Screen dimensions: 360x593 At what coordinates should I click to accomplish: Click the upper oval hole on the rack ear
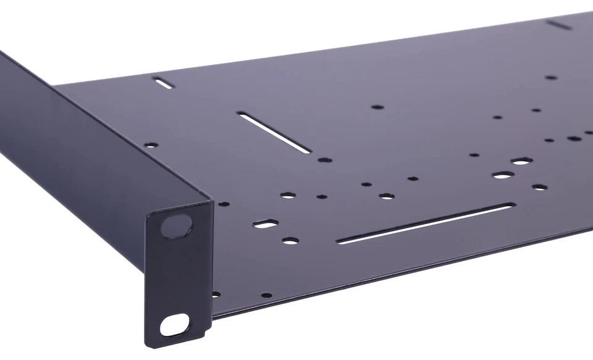(x=176, y=225)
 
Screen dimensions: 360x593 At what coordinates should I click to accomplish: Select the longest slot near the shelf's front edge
(x=426, y=224)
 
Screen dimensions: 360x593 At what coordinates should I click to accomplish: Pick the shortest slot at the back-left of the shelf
(x=164, y=83)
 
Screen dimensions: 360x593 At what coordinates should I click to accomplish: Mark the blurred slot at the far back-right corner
(x=559, y=25)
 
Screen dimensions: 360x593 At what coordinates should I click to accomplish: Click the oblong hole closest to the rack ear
(x=266, y=224)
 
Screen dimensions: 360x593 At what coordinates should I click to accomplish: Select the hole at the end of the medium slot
(x=324, y=160)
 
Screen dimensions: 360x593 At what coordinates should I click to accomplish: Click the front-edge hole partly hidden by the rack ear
(x=216, y=295)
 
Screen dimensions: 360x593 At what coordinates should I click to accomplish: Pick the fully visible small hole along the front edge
(x=266, y=295)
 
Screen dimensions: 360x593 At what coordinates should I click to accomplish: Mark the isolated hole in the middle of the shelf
(x=377, y=107)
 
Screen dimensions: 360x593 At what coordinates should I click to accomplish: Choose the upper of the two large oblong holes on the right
(x=521, y=162)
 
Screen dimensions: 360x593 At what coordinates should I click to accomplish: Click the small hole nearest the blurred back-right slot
(x=550, y=78)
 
